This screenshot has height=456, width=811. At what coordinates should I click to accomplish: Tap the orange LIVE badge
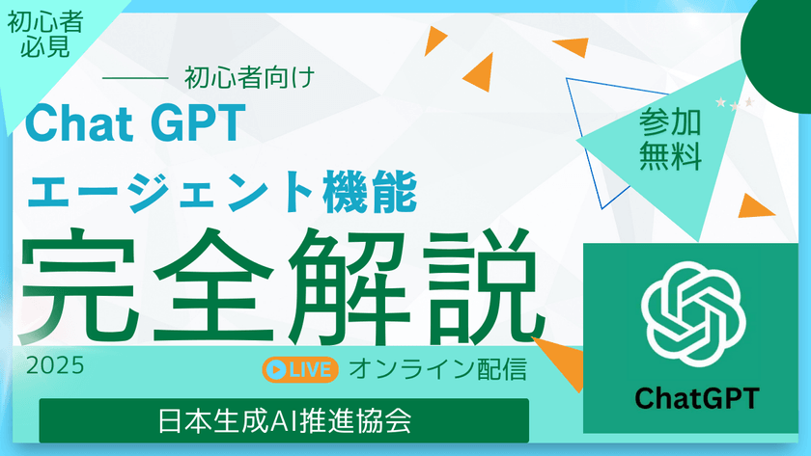click(300, 368)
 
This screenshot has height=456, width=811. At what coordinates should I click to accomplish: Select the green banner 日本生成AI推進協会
click(284, 420)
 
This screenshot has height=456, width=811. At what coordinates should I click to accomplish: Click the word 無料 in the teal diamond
click(669, 157)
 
